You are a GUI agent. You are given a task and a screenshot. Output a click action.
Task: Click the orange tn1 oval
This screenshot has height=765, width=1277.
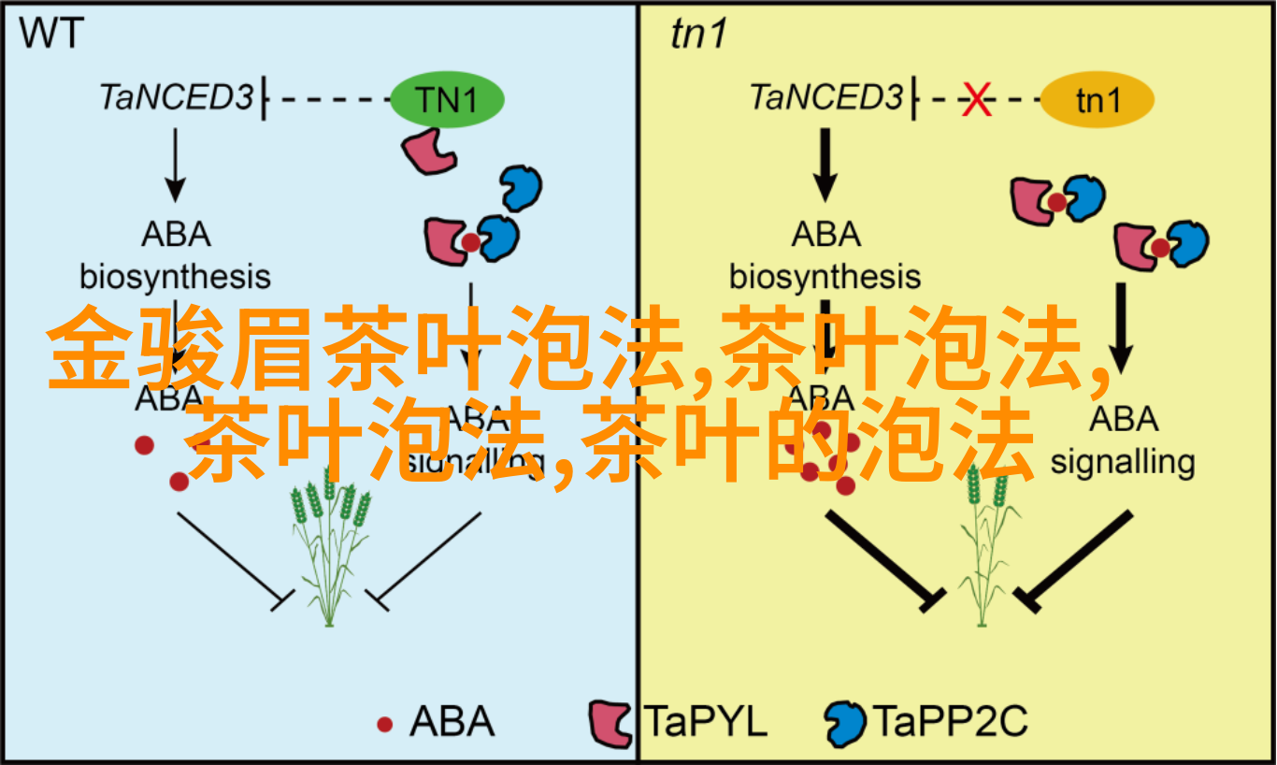coord(1098,99)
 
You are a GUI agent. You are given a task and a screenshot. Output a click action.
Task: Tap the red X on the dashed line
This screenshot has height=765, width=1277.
coord(977,99)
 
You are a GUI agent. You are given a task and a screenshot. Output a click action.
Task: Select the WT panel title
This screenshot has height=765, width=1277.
coord(52,35)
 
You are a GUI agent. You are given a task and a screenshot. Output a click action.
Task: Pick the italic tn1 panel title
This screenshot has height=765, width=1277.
coord(698,35)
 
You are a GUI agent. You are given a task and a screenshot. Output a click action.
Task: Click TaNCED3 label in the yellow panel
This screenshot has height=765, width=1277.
coord(825,97)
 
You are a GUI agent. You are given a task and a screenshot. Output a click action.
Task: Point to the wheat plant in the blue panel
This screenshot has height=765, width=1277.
coord(327,552)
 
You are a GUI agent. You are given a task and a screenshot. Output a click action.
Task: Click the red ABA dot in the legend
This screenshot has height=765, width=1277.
coord(384,723)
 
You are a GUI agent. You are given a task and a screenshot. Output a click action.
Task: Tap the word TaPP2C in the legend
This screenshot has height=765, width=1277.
coord(950,722)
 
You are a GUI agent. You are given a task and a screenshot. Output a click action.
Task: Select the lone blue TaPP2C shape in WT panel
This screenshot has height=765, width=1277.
coord(520,189)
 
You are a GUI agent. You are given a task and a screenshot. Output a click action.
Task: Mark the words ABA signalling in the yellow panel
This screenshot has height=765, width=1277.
coord(1122,440)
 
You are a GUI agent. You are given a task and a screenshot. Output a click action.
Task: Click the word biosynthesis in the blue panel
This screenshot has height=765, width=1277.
coord(175,277)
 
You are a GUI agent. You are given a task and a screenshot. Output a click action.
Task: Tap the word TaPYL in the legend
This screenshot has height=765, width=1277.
coord(706,722)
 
